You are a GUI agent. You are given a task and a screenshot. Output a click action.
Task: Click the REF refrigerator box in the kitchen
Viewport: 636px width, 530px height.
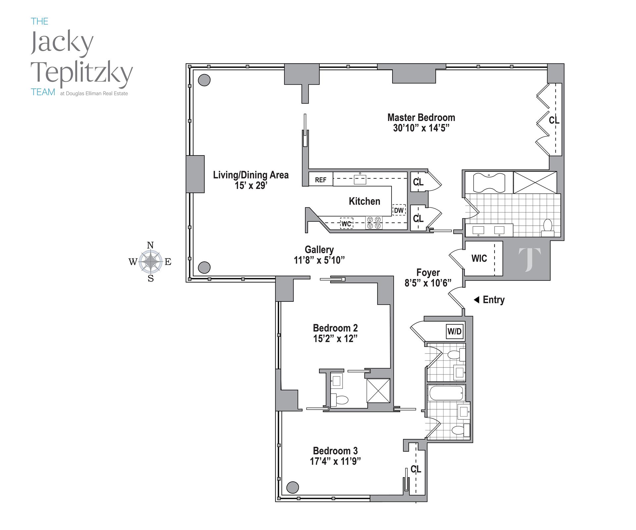(x=321, y=180)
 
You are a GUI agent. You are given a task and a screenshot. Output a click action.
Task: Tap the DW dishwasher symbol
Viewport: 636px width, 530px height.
(x=399, y=210)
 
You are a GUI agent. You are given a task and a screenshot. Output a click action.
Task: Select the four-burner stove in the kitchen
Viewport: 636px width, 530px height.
(x=374, y=223)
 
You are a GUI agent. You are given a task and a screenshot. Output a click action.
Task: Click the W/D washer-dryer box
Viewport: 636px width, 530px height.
(x=454, y=331)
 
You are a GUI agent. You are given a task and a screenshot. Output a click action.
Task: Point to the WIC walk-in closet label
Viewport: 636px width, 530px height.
(x=479, y=258)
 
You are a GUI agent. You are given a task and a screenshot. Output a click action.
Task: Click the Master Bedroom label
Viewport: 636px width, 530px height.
(x=421, y=117)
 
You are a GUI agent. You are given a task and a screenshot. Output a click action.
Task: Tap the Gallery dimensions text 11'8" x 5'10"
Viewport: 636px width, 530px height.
(x=319, y=260)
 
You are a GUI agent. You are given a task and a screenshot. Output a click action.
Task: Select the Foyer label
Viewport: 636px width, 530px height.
(x=428, y=273)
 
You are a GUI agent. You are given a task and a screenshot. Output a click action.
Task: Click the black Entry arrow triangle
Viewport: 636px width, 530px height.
(x=476, y=300)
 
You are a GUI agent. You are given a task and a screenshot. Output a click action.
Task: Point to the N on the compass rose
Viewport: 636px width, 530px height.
(x=150, y=245)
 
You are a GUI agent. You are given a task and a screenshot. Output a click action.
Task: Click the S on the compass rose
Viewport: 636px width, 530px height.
(x=151, y=279)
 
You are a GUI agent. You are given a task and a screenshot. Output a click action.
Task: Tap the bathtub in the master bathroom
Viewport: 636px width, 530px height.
(x=489, y=182)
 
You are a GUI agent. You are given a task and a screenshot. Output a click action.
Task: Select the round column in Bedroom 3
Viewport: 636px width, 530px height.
(x=292, y=487)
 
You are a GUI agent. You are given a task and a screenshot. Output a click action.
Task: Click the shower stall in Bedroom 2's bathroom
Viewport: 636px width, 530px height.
(x=378, y=391)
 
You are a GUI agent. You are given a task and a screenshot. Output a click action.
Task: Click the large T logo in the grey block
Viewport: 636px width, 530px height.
(x=529, y=260)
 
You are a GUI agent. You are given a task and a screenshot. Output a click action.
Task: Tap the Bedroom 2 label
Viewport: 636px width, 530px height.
(x=335, y=328)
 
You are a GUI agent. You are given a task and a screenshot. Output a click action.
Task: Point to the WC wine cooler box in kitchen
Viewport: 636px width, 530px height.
(x=346, y=224)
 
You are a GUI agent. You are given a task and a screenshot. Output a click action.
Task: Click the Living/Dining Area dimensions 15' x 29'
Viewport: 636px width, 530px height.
(x=251, y=186)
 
